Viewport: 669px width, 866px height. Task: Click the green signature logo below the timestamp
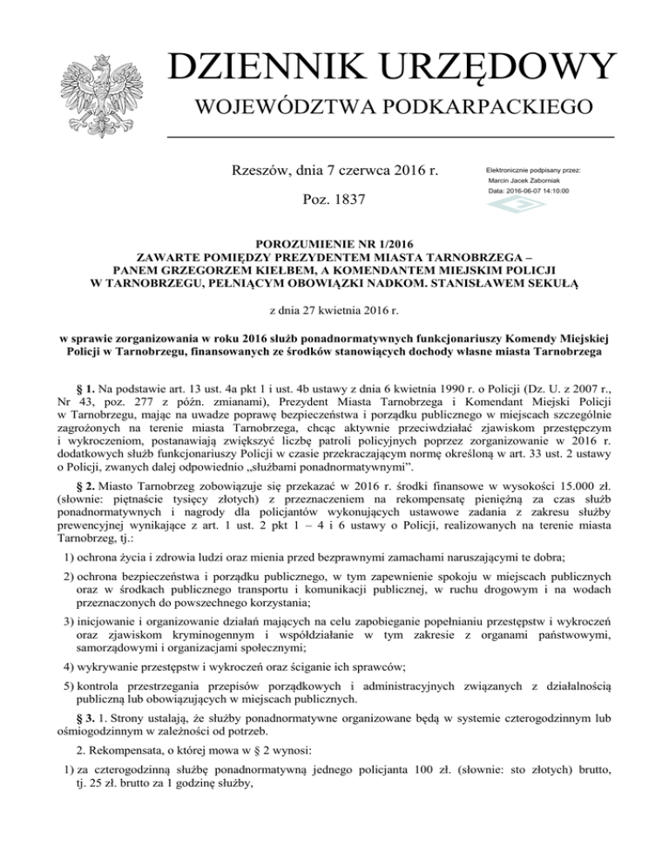[x=503, y=206]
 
